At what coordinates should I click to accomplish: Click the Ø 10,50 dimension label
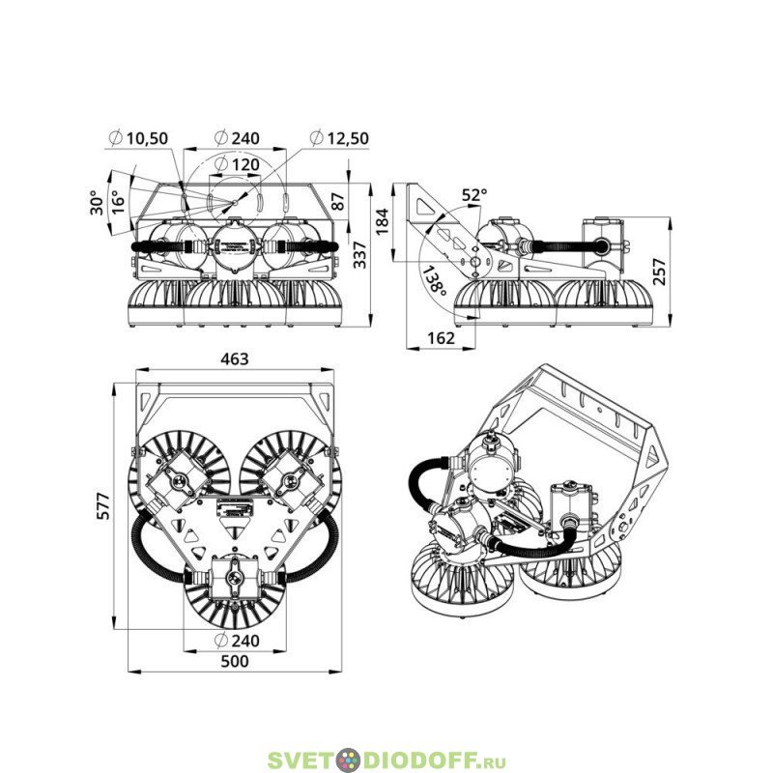click(x=138, y=138)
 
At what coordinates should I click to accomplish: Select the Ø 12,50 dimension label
click(x=339, y=138)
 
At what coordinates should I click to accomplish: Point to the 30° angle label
click(x=98, y=202)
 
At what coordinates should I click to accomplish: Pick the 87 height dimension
click(x=338, y=201)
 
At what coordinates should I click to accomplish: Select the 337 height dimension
click(x=360, y=255)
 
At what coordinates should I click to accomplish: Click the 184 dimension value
click(x=382, y=222)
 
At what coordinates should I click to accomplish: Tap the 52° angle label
click(x=474, y=195)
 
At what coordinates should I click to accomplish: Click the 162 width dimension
click(x=441, y=338)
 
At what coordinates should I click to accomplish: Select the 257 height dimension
click(x=659, y=272)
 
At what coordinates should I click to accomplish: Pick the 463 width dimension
click(x=235, y=358)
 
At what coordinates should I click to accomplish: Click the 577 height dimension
click(x=103, y=505)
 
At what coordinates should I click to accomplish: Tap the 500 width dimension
click(x=235, y=661)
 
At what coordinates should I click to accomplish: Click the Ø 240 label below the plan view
click(x=237, y=641)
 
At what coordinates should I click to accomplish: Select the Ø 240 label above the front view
click(x=237, y=138)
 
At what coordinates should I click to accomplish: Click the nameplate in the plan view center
click(x=235, y=508)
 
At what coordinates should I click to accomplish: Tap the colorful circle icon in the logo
click(x=349, y=759)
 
